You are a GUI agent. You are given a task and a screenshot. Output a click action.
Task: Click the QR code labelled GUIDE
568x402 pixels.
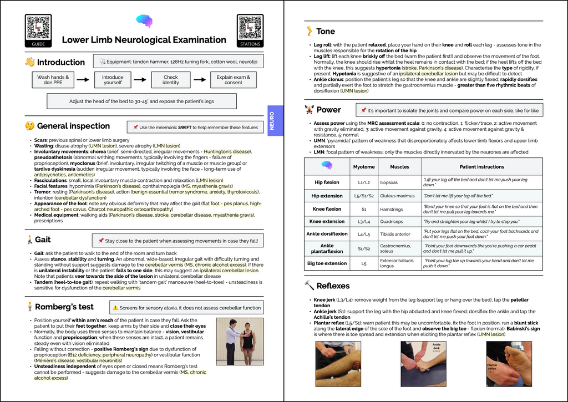pos(38,28)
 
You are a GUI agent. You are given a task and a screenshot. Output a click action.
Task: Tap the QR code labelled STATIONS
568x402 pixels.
pos(250,28)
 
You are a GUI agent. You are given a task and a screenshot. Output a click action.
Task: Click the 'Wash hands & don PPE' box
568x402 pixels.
pos(53,80)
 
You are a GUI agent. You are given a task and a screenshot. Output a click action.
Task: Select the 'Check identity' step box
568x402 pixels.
pos(171,80)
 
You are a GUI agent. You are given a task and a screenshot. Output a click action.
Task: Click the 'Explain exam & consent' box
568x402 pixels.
pos(233,80)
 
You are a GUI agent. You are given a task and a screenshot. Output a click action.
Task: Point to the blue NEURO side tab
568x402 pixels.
pos(272,120)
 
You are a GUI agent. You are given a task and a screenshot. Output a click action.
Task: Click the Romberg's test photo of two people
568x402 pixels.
pos(240,342)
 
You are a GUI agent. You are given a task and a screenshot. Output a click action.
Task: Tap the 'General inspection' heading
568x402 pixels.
pos(73,126)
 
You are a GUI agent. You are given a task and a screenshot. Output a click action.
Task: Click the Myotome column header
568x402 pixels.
pos(364,166)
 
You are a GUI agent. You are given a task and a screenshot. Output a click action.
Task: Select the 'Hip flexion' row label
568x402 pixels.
pos(327,182)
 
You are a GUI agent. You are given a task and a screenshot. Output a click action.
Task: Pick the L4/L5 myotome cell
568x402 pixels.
pos(364,234)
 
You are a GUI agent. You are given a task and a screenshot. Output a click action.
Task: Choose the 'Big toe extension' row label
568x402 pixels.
pos(327,263)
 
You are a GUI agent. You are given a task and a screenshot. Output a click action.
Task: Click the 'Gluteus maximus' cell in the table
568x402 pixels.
pos(397,196)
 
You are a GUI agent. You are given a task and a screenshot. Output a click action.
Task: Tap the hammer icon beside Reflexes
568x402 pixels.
pos(309,286)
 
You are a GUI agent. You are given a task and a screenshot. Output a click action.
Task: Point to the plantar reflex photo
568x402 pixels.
pos(509,364)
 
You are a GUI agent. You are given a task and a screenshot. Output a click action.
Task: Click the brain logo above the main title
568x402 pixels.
pos(144,21)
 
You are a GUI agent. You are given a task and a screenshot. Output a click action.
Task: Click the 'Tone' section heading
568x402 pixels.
pos(325,32)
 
